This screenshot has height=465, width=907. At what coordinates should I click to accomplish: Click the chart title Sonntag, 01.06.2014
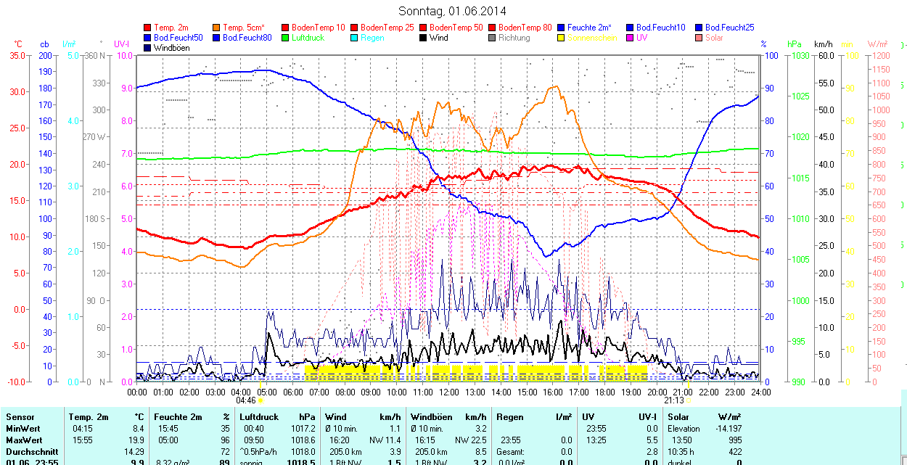(x=453, y=11)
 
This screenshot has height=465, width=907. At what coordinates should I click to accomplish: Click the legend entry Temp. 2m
(x=171, y=28)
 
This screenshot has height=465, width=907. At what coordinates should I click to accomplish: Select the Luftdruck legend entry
(x=308, y=38)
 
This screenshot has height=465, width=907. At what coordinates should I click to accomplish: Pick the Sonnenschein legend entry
(x=592, y=38)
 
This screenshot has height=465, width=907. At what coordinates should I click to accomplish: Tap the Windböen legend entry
(x=171, y=48)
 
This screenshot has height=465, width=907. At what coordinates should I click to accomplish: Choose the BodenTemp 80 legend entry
(x=525, y=28)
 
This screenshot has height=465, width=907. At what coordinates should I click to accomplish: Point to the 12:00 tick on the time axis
(x=449, y=392)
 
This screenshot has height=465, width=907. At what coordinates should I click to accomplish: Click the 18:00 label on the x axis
(x=605, y=392)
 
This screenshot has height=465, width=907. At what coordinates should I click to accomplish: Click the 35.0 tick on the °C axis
(x=15, y=55)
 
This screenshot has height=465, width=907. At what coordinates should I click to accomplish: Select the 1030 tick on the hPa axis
(x=800, y=55)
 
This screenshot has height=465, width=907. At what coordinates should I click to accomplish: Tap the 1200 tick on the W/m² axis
(x=879, y=55)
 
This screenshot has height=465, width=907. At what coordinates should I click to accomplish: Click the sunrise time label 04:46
(x=246, y=400)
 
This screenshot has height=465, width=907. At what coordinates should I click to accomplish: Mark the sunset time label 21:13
(x=674, y=400)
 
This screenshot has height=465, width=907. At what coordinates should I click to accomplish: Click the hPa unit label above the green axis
(x=793, y=44)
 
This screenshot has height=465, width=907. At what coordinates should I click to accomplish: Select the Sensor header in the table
(x=20, y=417)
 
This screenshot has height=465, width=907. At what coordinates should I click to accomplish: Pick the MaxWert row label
(x=24, y=440)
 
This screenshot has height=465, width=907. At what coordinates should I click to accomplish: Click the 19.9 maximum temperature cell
(x=136, y=440)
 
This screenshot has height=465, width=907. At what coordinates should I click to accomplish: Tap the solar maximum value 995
(x=734, y=440)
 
